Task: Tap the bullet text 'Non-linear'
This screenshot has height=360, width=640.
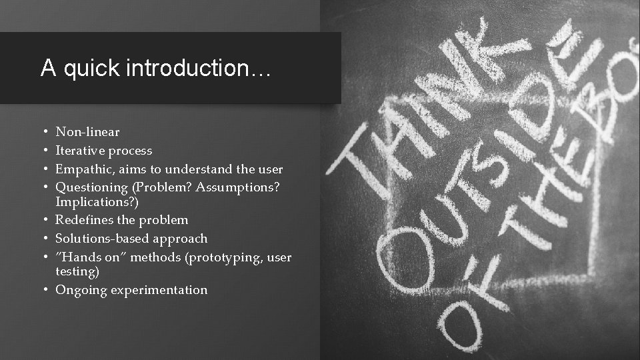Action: tap(87, 132)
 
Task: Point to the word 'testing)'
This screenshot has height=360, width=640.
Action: tap(77, 271)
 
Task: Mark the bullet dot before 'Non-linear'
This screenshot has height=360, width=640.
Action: tap(43, 132)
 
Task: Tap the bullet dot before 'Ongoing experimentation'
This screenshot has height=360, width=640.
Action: tap(43, 290)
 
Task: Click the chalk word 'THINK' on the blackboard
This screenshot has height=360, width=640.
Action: tap(427, 113)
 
